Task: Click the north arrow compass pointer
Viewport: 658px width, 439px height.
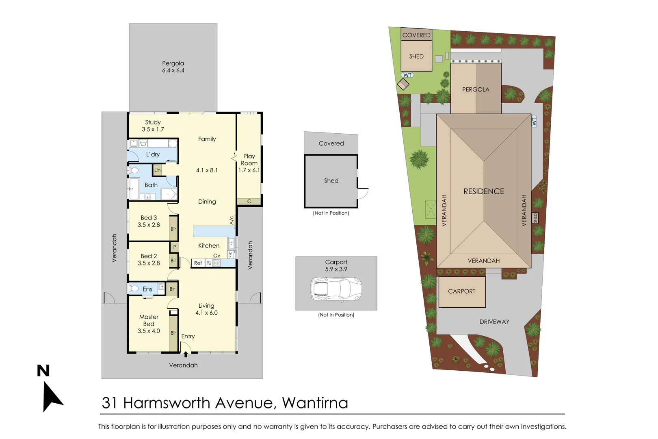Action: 52,397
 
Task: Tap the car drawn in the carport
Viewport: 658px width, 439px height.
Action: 336,289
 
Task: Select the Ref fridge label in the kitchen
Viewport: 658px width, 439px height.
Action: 198,263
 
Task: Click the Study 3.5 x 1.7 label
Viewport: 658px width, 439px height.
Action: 153,126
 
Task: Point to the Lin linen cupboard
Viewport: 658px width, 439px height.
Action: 158,170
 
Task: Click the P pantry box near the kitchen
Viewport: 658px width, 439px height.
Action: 175,247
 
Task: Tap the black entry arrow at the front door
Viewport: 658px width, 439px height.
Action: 186,354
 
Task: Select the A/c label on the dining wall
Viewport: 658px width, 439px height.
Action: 232,220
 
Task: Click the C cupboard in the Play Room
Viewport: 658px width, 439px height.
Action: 249,201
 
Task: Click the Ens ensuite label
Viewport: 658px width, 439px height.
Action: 147,289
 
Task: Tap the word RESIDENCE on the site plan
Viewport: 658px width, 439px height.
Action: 483,191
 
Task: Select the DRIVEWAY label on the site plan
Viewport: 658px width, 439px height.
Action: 494,322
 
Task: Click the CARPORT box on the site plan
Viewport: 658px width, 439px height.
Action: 462,291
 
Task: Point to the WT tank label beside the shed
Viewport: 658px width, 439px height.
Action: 407,75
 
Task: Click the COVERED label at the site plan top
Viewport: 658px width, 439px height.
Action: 416,35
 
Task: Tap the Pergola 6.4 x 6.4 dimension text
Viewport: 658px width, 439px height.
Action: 173,70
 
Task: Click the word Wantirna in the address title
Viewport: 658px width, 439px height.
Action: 315,403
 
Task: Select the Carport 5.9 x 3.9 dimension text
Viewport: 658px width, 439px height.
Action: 336,269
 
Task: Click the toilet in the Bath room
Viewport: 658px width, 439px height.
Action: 134,170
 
